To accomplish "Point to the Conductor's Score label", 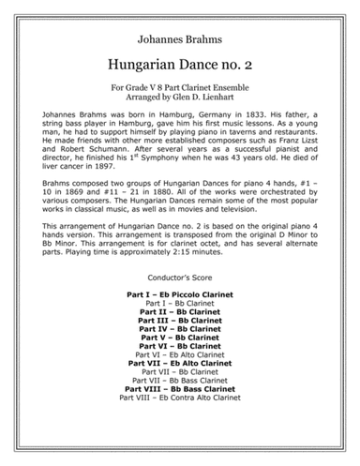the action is [179, 279].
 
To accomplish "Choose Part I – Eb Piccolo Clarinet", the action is [179, 293].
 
